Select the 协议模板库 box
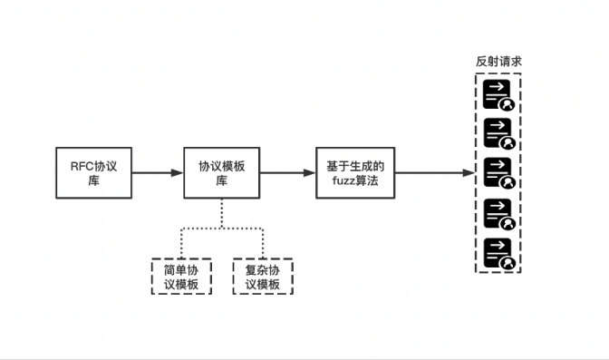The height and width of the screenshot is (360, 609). coord(221,172)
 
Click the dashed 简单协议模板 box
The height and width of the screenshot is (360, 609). coord(180,277)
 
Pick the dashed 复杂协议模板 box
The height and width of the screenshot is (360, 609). coord(263,277)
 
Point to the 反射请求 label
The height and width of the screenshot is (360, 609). coord(498,62)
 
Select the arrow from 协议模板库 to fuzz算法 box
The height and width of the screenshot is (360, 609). coord(287,172)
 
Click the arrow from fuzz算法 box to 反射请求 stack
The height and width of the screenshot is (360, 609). coord(435,172)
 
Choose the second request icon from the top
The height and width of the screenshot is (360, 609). coord(498,133)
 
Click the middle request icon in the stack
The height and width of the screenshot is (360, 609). coord(498,172)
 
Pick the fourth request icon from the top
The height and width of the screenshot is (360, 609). coord(498,213)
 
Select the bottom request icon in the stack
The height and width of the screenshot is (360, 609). coord(498,252)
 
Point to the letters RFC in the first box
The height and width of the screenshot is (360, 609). coord(82,165)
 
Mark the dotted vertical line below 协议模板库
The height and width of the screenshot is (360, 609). coord(221,213)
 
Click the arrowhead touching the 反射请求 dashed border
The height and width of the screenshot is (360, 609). coord(469,172)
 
